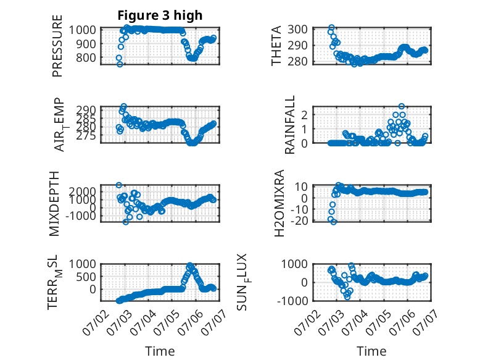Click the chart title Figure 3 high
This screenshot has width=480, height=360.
160,15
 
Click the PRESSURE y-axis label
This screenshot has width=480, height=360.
57,46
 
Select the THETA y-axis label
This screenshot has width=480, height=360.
276,46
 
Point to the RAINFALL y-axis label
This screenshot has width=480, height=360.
289,124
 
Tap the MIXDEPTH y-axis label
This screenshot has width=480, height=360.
54,203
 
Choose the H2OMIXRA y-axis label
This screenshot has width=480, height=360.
279,203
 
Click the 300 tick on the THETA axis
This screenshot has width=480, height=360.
297,30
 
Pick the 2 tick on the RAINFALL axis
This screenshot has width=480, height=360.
304,115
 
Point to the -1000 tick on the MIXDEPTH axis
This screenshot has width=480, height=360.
80,216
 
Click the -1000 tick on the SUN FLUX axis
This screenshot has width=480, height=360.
292,301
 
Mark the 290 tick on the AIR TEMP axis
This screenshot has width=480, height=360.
86,110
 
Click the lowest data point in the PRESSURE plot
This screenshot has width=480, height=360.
120,64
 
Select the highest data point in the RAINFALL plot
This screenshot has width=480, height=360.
401,106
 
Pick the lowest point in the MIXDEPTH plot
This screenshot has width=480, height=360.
125,222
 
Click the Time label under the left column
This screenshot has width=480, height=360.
160,351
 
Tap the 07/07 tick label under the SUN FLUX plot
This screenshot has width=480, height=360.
424,320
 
